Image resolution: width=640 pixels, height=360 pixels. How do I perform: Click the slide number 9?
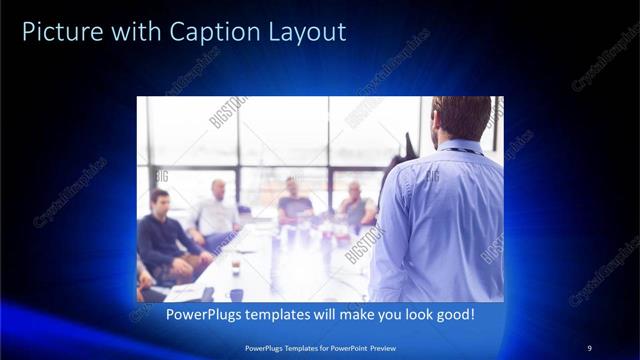(589, 347)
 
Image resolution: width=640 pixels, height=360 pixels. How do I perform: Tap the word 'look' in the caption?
(418, 315)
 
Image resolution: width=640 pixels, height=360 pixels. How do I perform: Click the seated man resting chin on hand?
(355, 205)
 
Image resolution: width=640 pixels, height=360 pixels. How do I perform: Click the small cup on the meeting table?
(235, 267)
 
